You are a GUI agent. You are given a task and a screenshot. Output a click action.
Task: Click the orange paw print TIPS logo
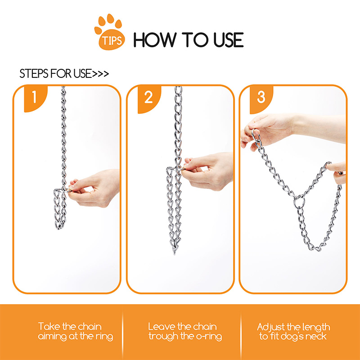point(110,32)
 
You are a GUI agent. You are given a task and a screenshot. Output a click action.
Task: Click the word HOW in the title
point(155,40)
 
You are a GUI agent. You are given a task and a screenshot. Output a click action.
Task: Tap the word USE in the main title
point(228,40)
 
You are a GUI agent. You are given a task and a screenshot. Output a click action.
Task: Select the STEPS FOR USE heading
point(64,73)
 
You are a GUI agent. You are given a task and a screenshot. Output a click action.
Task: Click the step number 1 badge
point(35,99)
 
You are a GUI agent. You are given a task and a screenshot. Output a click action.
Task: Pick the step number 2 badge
point(149,99)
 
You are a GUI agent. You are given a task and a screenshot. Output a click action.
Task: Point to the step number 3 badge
point(261,99)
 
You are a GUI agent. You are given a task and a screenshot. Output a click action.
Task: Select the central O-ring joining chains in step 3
point(299,201)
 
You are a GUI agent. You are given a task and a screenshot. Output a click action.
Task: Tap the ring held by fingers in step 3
point(256,135)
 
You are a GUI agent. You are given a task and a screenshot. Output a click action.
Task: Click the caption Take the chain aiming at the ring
point(76,331)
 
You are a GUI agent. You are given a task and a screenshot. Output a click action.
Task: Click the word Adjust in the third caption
point(271,327)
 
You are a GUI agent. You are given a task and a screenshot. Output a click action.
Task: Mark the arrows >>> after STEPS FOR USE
point(100,74)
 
